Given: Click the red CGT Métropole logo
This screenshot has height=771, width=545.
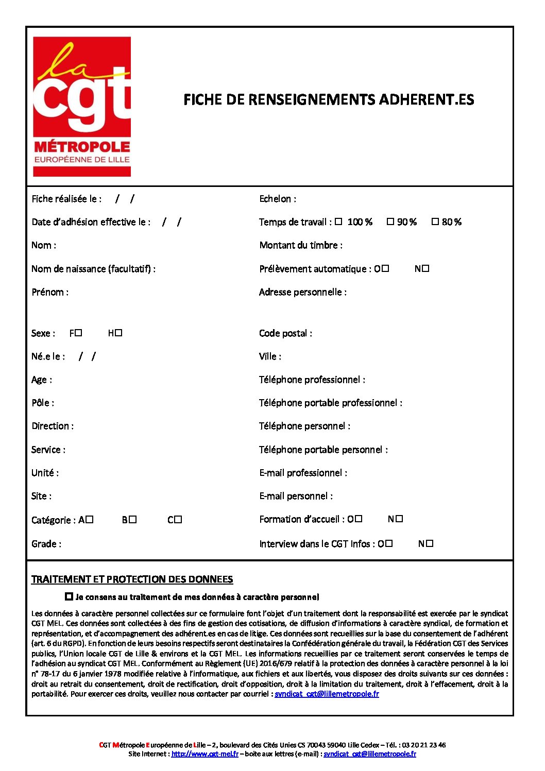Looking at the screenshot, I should pos(82,107).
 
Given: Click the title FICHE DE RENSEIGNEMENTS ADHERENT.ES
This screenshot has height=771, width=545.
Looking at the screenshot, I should pos(329,99).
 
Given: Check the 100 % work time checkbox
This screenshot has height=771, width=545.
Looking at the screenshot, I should pos(338,222).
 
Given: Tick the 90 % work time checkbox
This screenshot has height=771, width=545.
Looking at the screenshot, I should pos(390,221).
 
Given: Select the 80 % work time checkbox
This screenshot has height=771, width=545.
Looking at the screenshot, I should pos(435,221).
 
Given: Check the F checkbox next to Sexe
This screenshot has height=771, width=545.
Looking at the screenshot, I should pos(79,333).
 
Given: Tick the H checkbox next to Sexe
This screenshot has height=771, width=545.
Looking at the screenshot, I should pos(118,333).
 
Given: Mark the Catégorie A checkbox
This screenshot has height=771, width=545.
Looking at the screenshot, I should pos(90,520).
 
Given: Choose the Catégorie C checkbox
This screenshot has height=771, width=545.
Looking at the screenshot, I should pos(178,520).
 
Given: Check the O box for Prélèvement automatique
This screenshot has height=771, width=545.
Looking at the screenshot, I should pos(385,268).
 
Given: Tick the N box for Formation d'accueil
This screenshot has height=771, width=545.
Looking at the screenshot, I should pos(399,519).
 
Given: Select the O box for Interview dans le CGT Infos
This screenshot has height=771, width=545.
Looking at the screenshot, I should pos(389,543).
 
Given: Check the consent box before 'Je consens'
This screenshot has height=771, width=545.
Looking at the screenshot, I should pos(69,596).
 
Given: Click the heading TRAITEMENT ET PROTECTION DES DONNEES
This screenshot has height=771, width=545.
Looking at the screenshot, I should pos(132,579).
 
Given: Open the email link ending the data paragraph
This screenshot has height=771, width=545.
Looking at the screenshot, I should pos(327,694).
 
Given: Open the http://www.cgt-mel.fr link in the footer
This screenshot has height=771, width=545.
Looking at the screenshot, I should pos(205,754).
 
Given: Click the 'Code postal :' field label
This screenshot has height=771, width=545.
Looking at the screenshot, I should pos(285,333).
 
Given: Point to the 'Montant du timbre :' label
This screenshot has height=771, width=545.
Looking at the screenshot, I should pos(301,245).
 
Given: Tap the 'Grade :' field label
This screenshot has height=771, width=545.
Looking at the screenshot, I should pos(46,544).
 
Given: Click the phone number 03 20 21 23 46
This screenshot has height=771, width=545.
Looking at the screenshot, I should pos(424,745).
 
